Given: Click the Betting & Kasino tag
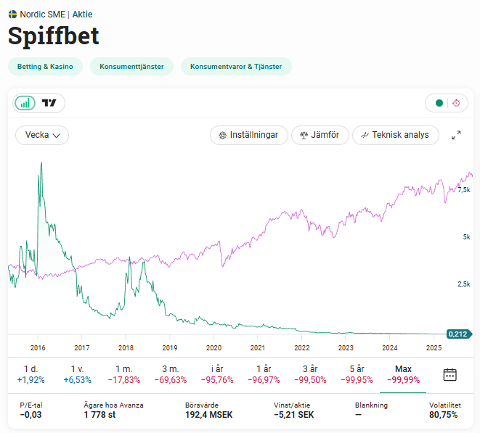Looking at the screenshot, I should click(45, 67).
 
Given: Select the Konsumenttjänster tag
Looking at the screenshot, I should click(131, 67).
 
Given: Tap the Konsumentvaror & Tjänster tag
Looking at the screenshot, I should click(236, 67).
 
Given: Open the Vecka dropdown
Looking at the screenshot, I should click(42, 135).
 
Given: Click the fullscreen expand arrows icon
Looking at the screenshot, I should click(456, 135).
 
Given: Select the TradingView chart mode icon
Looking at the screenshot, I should click(49, 103).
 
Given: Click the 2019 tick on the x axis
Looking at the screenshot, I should click(169, 347).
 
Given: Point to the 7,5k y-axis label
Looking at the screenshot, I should click(464, 190).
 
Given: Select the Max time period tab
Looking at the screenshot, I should click(403, 374).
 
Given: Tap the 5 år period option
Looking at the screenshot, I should click(357, 374).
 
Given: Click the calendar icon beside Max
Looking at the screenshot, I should click(450, 374).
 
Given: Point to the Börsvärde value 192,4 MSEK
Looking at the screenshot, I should click(209, 415).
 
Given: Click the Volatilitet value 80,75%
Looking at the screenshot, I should click(443, 415).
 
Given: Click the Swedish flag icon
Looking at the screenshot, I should click(12, 14).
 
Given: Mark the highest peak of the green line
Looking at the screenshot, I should click(41, 162).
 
